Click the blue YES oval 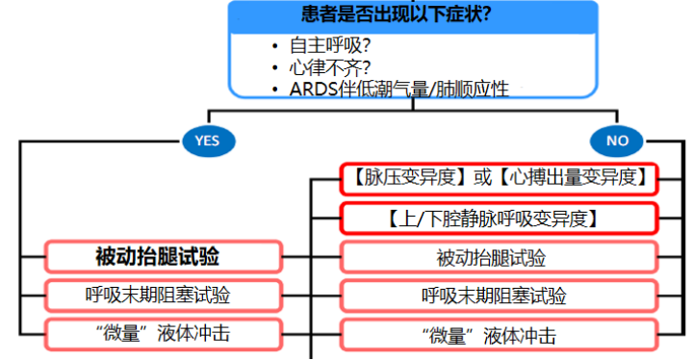tap(207, 141)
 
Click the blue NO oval tap(617, 141)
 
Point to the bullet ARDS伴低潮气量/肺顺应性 tap(405, 89)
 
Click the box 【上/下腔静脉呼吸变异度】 tap(498, 219)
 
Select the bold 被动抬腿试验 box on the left tap(164, 257)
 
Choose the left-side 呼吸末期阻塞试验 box tap(164, 295)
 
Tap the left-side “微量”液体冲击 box tap(164, 334)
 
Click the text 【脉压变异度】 tap(405, 178)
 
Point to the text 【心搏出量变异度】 tap(577, 178)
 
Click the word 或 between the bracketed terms tap(481, 178)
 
